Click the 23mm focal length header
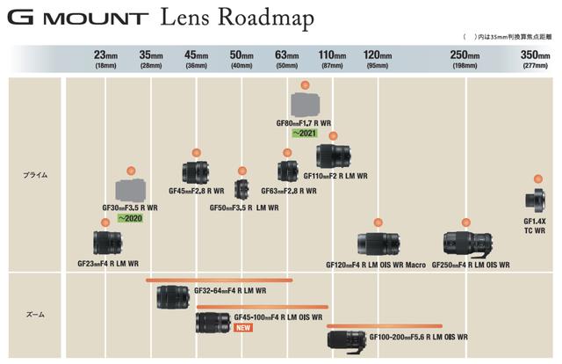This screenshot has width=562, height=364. (x=105, y=59)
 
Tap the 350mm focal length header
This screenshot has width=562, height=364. (x=535, y=59)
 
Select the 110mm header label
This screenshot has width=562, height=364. (x=332, y=59)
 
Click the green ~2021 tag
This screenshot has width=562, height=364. (x=305, y=133)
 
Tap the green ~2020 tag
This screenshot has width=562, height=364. (x=130, y=218)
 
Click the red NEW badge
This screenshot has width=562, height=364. (x=243, y=327)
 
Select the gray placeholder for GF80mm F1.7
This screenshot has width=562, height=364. (x=305, y=105)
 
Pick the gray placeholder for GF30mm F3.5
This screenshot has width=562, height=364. (x=131, y=190)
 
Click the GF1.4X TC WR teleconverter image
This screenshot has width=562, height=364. (x=536, y=200)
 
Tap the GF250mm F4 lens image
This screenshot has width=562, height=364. (x=468, y=244)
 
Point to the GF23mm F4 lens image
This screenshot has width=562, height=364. (x=107, y=243)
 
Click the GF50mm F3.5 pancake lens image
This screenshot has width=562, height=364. (x=241, y=189)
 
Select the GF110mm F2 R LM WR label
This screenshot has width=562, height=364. (x=335, y=176)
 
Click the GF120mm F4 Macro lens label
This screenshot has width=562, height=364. (x=376, y=265)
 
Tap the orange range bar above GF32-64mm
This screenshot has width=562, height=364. (x=220, y=280)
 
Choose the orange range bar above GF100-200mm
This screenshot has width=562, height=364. (x=385, y=326)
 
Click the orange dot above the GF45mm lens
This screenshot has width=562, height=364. (x=196, y=153)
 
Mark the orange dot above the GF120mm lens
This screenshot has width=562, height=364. (x=378, y=222)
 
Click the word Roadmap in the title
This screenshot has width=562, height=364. (x=266, y=18)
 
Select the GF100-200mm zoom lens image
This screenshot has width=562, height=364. (x=347, y=342)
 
